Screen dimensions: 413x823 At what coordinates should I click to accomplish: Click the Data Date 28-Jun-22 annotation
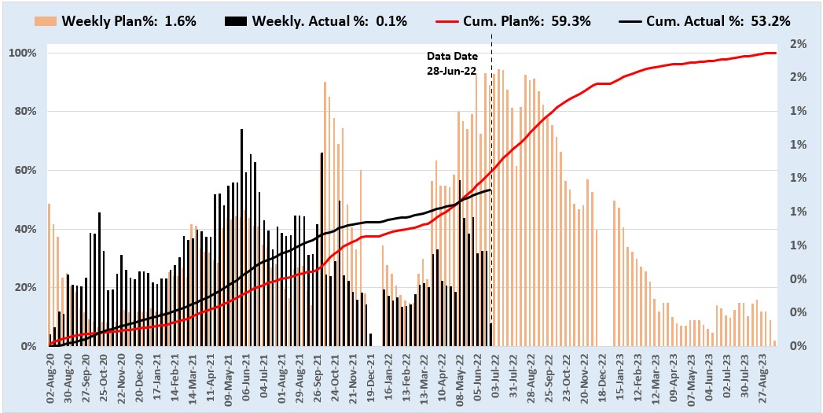(452, 64)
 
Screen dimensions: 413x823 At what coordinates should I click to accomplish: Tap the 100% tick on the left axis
(23, 53)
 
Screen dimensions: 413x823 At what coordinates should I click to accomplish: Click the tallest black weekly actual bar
(241, 236)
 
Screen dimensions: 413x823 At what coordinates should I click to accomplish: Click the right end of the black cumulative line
(491, 190)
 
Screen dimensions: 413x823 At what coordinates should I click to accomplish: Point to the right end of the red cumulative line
(775, 53)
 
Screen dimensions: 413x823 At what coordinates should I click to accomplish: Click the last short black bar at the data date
(491, 335)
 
